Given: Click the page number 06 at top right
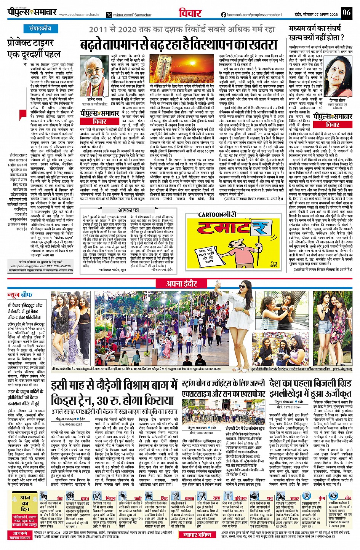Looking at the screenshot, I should coord(346,13).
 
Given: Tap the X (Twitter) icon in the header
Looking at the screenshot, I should coord(110,15).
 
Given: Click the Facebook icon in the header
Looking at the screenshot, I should coord(224,14).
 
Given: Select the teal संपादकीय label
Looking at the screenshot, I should coord(40,29).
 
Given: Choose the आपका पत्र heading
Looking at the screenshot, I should coord(128,210).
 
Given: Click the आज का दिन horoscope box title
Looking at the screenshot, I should coord(25,503).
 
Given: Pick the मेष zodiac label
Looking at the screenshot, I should coord(60,498).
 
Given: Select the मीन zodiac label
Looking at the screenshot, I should coord(348,498).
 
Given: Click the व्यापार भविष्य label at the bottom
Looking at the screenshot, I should coord(197,535).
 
